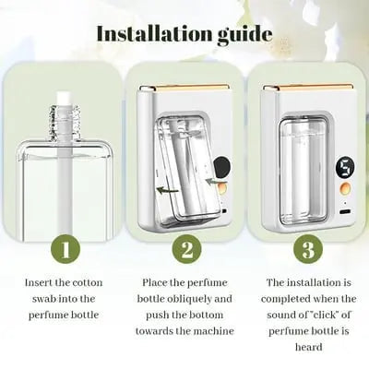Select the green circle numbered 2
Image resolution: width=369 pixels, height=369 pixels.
184,250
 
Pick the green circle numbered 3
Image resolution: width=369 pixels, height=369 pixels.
307,250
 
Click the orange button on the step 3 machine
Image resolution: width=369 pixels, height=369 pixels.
345,189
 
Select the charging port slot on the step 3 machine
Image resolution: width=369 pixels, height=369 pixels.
344,211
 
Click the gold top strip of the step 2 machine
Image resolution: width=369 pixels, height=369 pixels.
189,89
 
